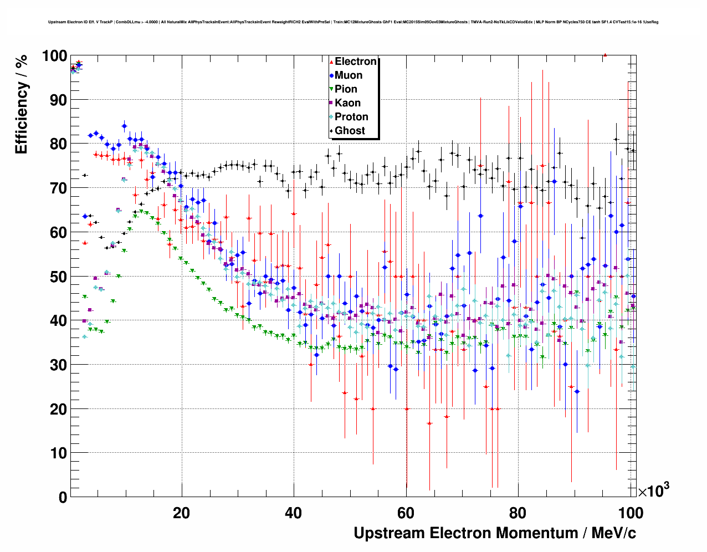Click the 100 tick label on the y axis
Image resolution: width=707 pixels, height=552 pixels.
[54, 55]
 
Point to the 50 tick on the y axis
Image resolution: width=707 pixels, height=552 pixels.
[58, 277]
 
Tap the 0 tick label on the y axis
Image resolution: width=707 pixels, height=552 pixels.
[62, 497]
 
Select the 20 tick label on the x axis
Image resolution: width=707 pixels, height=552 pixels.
[181, 513]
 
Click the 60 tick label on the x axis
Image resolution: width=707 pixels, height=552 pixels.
[406, 513]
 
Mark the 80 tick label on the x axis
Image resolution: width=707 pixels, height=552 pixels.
[518, 513]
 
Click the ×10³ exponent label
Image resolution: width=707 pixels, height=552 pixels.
[654, 490]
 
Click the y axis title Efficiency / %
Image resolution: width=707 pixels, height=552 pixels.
[22, 104]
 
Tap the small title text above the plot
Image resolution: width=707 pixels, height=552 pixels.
[353, 22]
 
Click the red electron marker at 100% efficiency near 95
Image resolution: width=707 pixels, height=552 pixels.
[605, 55]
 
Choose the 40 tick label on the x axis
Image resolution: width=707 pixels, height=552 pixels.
[294, 513]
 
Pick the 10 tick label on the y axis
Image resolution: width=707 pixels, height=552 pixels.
[58, 453]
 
